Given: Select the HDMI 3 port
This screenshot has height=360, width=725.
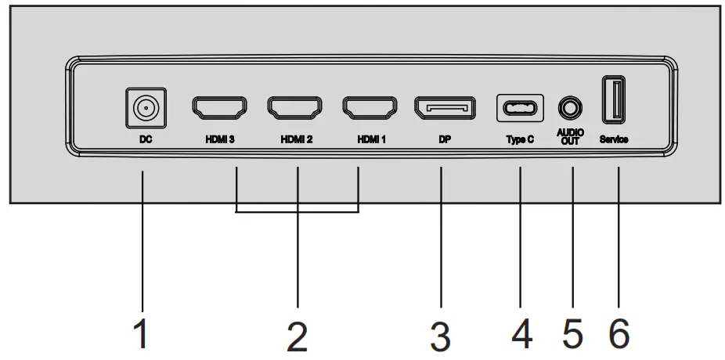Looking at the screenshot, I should (219, 107).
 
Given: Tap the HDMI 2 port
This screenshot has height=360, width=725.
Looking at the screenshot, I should (295, 107).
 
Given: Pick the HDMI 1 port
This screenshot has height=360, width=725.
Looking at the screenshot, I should (369, 107).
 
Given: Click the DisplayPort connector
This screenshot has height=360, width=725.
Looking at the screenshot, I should (444, 108).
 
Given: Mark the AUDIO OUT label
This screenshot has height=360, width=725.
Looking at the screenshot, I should (572, 138).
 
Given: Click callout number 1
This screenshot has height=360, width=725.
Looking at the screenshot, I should (141, 335).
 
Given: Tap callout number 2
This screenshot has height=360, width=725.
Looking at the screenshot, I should (297, 336).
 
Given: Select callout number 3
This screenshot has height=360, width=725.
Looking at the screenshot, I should (440, 336).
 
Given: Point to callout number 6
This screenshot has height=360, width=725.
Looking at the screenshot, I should (618, 335).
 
